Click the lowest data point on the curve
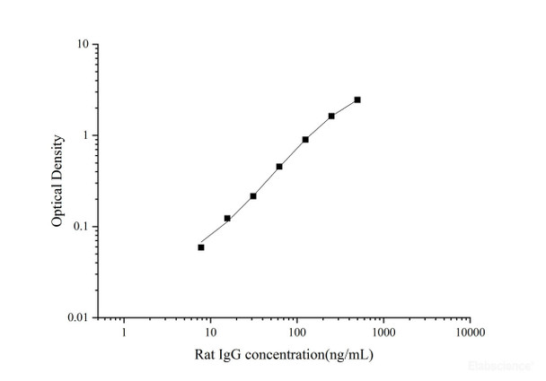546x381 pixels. pos(201,247)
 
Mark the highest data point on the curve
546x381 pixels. pos(357,100)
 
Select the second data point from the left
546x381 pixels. pos(227,218)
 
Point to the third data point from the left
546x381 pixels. pos(253,195)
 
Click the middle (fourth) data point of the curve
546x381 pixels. pos(279,167)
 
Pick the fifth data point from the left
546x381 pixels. pos(305,139)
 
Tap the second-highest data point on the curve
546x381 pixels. pos(331,116)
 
